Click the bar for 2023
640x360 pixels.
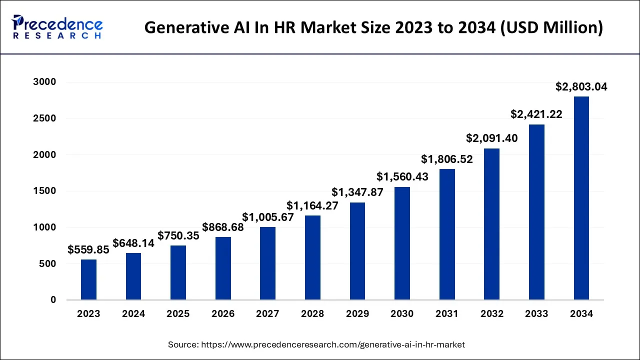[x=88, y=279]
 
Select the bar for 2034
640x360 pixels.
[x=581, y=198]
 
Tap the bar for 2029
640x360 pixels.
[x=357, y=251]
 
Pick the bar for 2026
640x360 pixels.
[x=223, y=268]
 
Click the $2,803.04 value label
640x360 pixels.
[x=581, y=87]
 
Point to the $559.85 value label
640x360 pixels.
[x=88, y=250]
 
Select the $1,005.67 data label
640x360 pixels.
[x=267, y=217]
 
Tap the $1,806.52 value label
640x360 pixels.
[x=446, y=159]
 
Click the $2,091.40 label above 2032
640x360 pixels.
[x=491, y=138]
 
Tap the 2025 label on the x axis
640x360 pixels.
[x=178, y=314]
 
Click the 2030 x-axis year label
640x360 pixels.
[x=402, y=314]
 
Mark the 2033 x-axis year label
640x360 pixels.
[x=536, y=314]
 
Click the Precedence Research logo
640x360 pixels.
[x=57, y=27]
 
